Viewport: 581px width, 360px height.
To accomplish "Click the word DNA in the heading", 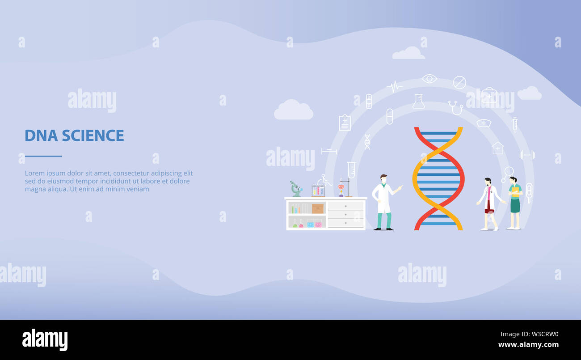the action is pos(41,136).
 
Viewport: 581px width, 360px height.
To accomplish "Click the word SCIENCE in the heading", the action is pos(93,136).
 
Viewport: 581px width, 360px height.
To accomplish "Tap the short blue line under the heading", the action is pos(43,156).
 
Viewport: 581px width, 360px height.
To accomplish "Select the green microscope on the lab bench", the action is pos(296,189).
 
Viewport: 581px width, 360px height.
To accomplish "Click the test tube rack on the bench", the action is pos(318,191).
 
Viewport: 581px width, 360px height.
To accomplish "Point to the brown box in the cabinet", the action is pos(318,209).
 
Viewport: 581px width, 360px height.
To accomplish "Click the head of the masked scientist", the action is pos(383,179).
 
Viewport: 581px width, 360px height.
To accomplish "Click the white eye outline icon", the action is pos(429,78).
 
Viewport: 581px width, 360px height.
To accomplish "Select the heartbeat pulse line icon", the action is pos(395,86).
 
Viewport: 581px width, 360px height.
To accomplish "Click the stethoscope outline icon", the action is pos(456,108).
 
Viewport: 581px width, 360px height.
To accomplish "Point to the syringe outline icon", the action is pos(515,125).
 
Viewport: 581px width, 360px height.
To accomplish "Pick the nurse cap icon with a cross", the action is pos(484,123).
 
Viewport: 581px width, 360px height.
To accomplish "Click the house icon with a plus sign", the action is pos(498,148).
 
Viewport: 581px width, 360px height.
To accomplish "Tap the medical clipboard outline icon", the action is pos(345,123).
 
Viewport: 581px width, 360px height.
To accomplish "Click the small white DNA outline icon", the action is pos(367,142).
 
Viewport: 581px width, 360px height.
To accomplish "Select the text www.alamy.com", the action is pos(528,345).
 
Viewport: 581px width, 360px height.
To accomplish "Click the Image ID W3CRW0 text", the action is pos(530,334).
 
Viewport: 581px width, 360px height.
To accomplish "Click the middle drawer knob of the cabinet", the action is pos(346,215).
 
